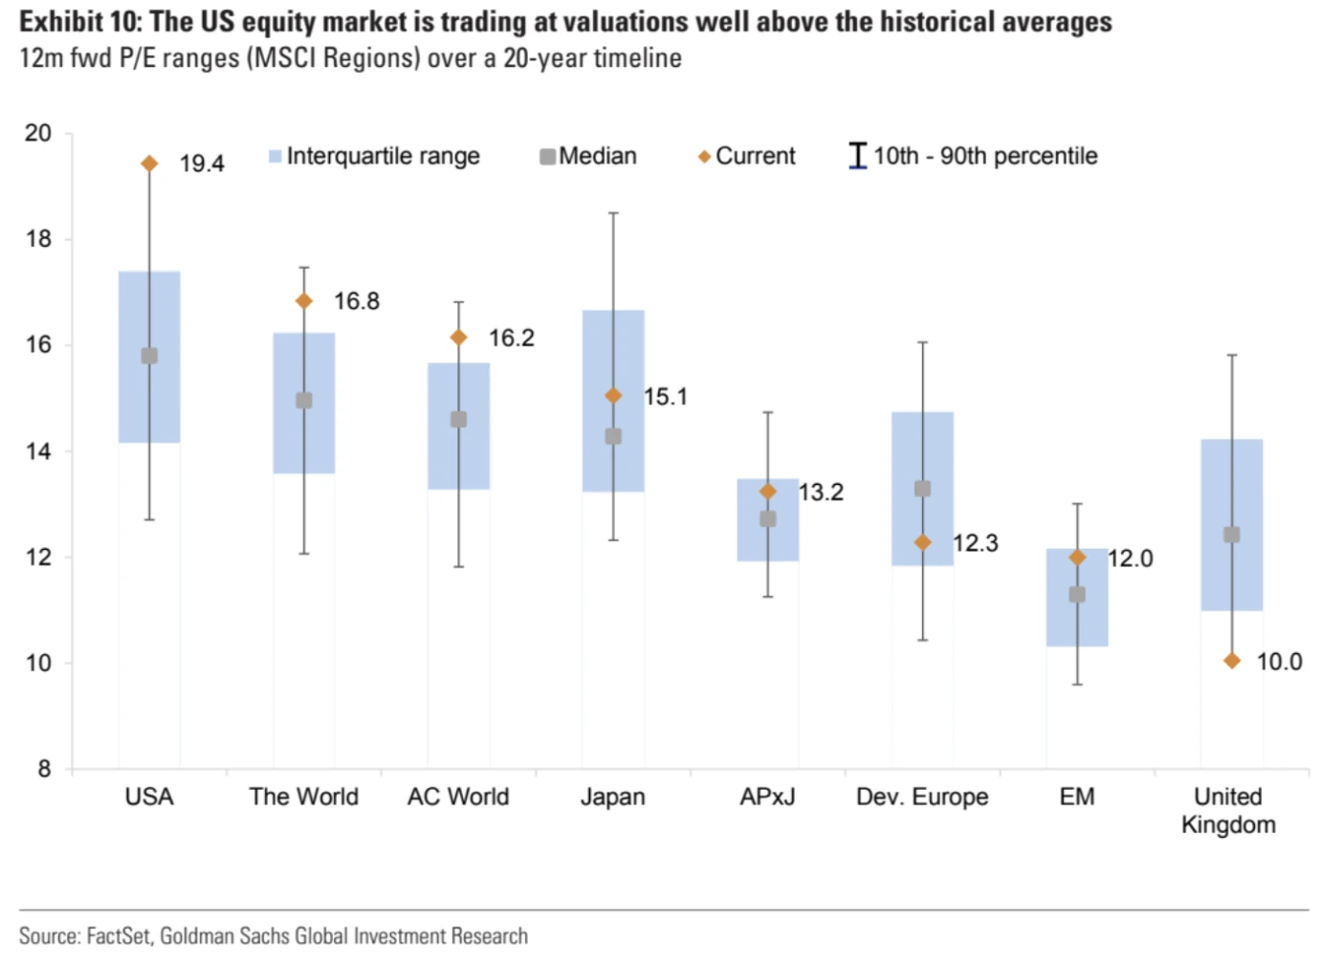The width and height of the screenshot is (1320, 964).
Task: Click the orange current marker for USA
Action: [x=149, y=164]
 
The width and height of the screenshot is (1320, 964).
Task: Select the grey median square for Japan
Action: [x=613, y=436]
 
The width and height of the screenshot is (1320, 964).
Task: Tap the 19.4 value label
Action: [x=202, y=164]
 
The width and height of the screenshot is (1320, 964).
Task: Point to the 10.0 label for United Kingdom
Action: [x=1279, y=662]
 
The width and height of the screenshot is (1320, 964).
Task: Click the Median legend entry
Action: [x=588, y=156]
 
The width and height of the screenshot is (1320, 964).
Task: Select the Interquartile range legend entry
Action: [x=374, y=156]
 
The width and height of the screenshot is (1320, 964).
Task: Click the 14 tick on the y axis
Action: [x=39, y=451]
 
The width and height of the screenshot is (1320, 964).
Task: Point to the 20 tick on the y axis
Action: [x=39, y=133]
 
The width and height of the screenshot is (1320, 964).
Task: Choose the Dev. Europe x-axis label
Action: [x=922, y=797]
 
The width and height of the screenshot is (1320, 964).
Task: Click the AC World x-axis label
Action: [x=458, y=797]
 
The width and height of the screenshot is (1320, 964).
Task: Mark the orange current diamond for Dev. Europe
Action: [x=923, y=542]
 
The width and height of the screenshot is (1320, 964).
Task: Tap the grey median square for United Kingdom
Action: [x=1232, y=535]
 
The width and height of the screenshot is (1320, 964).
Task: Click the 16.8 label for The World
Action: [x=357, y=301]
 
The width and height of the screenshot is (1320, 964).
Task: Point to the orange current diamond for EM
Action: [x=1077, y=558]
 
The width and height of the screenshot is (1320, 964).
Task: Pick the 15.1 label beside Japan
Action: [x=666, y=397]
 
